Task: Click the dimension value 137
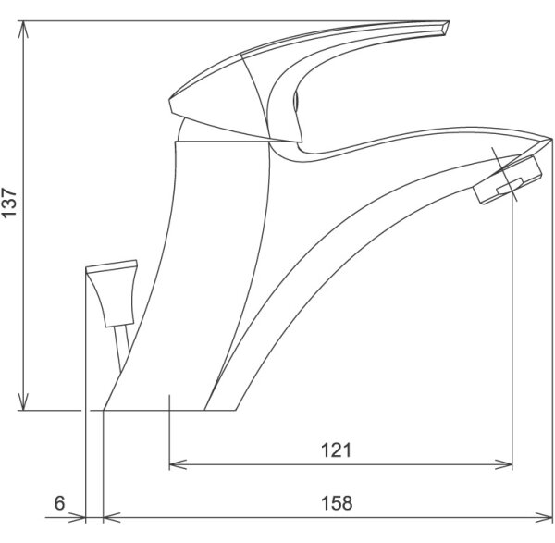[9, 203]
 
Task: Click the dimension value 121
[337, 450]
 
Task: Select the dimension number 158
[337, 503]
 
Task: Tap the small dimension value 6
[60, 503]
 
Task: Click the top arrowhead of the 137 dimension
[23, 29]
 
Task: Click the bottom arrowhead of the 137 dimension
[23, 402]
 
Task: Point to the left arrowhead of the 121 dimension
[178, 464]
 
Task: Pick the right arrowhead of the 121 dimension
[504, 464]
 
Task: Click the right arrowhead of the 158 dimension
[544, 517]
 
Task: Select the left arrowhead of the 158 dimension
[112, 517]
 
